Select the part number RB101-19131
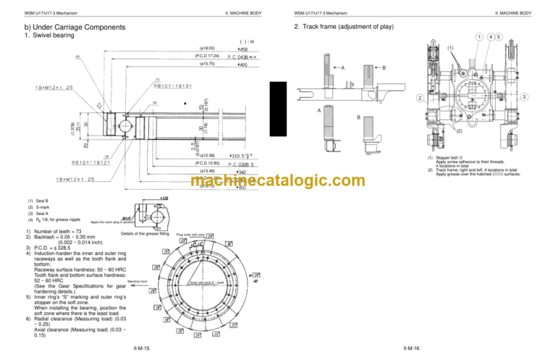[x=173, y=85]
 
